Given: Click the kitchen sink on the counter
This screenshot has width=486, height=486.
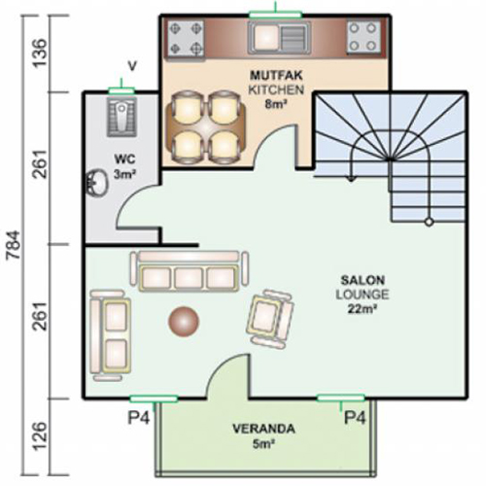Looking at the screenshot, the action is pos(279,38).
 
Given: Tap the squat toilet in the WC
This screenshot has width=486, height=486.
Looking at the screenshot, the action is pos(121,117).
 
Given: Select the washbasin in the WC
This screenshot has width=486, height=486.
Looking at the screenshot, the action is pos(96,184).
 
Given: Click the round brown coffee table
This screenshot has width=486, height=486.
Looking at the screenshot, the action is pos(184,321).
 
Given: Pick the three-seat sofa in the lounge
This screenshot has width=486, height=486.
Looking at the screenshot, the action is pos(190,271).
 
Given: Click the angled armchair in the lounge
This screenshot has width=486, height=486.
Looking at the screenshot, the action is pos(270,319).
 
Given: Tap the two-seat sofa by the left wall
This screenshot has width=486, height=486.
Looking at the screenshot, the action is pos(111,335).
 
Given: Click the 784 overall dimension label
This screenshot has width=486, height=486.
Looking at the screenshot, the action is pos(14,245).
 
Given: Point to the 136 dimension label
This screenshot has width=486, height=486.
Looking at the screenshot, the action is pos(41,52).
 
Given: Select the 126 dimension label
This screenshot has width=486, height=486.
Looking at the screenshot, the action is pos(41,435).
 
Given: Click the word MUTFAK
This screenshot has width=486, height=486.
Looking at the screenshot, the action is pos(276,76).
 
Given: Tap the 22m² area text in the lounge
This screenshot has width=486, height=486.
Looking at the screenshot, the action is pos(362,309).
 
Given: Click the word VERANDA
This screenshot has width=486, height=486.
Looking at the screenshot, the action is pos(263,429).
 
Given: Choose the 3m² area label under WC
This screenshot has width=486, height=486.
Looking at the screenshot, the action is pos(124,174).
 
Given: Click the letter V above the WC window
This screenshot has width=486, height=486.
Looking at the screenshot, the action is pos(132,66).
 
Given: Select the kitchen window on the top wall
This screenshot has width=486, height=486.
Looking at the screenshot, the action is pos(275,15).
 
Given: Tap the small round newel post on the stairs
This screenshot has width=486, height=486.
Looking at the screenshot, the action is pos(429,222).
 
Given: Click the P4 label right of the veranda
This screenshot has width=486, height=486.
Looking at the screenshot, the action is pos(355,417).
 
